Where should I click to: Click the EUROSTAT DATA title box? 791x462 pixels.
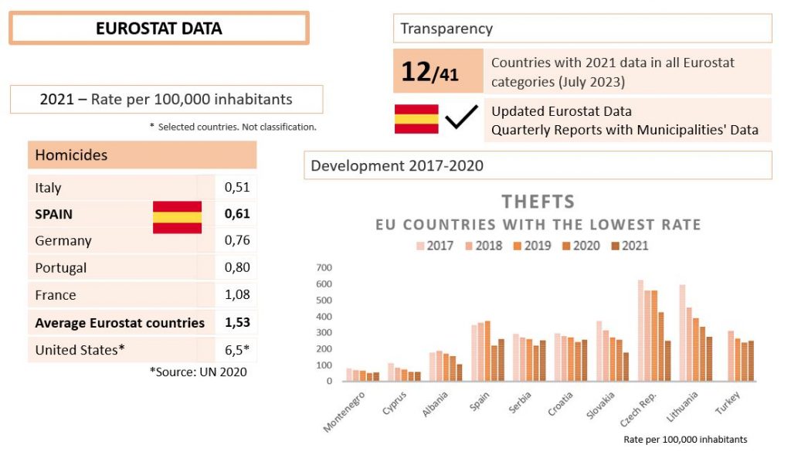(x=158, y=29)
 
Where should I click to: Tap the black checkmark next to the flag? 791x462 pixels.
(x=462, y=118)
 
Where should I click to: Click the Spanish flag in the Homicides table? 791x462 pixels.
(x=177, y=216)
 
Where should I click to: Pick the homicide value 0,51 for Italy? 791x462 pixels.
(x=237, y=187)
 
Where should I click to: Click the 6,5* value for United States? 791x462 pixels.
(x=237, y=349)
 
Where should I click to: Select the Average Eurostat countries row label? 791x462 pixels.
(x=120, y=323)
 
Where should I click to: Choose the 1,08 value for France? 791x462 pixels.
(x=237, y=295)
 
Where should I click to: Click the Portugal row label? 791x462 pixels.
(x=61, y=268)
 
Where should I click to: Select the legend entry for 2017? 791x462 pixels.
(x=436, y=246)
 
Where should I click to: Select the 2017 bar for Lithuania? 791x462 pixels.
(x=682, y=333)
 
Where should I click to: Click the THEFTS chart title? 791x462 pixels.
(x=538, y=202)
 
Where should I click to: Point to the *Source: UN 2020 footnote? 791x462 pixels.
(x=198, y=372)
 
